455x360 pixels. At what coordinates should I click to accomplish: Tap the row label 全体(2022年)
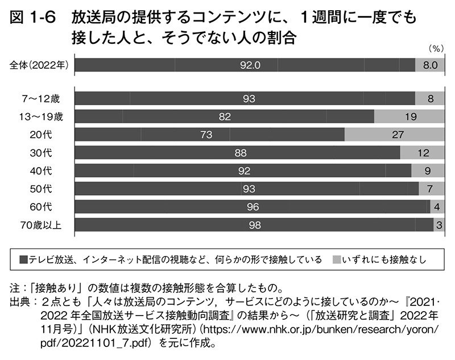click(x=39, y=65)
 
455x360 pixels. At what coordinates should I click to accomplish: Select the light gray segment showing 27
click(x=397, y=134)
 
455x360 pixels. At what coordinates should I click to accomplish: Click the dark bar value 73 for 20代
click(x=206, y=134)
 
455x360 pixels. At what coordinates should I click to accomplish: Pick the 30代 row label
click(x=44, y=152)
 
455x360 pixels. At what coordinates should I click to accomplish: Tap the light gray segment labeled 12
click(x=421, y=152)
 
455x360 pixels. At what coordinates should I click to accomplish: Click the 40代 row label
click(x=44, y=170)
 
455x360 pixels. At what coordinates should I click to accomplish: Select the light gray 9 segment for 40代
click(x=428, y=170)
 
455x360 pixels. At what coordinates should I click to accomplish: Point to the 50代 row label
click(x=44, y=188)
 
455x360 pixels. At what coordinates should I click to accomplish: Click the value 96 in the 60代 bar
click(x=253, y=206)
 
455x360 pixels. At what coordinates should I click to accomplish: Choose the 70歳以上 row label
click(x=41, y=225)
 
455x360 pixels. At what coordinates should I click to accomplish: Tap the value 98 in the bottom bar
click(x=254, y=225)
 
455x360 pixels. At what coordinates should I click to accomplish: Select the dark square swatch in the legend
click(x=23, y=260)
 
